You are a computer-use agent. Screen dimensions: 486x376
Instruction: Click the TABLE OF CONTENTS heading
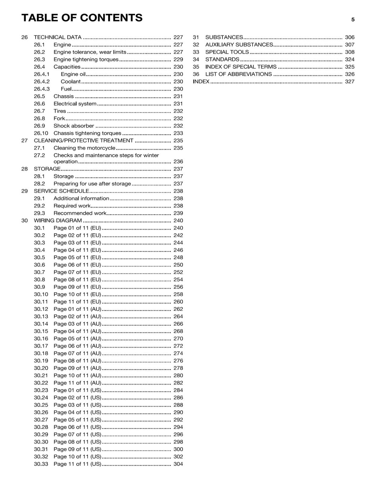[x=82, y=18]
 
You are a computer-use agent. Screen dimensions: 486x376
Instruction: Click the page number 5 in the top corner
[x=353, y=20]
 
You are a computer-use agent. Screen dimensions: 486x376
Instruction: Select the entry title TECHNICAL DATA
[x=57, y=37]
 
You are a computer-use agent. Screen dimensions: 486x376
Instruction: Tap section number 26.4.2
[x=41, y=82]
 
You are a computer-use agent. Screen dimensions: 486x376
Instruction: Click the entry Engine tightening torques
[x=86, y=60]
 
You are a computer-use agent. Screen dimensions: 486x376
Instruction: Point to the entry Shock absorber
[x=74, y=126]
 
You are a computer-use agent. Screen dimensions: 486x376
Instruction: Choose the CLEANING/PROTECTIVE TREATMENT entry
[x=83, y=141]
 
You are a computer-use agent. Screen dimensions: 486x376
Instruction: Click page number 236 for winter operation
[x=178, y=162]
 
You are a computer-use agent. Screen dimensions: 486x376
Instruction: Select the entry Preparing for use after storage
[x=92, y=184]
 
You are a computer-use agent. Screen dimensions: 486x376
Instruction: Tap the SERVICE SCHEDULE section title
[x=61, y=191]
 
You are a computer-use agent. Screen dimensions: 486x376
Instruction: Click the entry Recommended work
[x=80, y=213]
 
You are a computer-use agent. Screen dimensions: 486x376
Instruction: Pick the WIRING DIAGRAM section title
[x=58, y=221]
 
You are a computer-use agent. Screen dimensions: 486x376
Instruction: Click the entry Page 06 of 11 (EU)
[x=77, y=265]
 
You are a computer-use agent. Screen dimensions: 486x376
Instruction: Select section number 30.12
[x=41, y=309]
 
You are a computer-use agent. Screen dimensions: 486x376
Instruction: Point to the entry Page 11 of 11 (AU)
[x=77, y=383]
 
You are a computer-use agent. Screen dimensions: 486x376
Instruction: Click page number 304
[x=178, y=464]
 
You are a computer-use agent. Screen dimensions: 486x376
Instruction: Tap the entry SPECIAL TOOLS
[x=227, y=52]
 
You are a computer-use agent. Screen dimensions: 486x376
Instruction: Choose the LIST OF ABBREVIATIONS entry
[x=238, y=74]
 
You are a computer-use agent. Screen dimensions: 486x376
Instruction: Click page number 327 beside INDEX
[x=350, y=82]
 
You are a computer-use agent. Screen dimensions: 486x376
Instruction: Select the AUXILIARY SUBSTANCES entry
[x=239, y=45]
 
